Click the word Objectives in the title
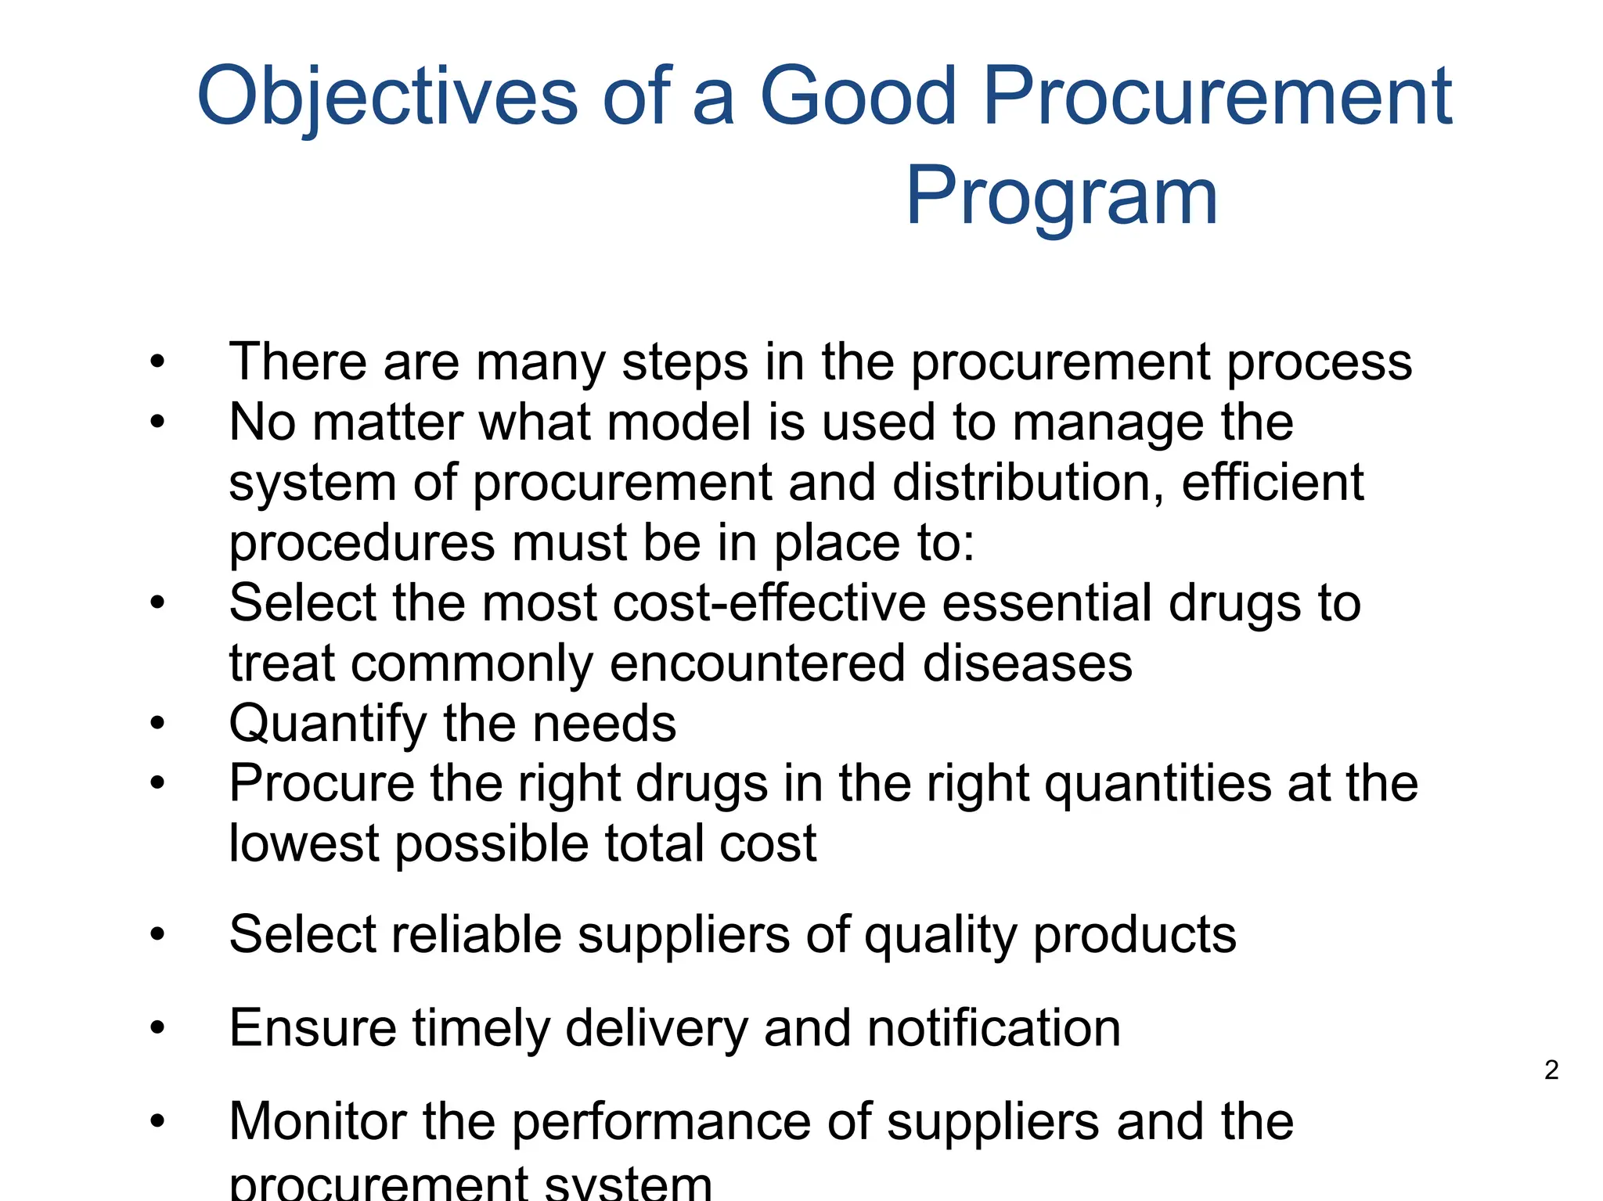coord(387,97)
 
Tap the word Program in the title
coord(1061,196)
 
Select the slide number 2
coord(1551,1070)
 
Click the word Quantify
coord(328,724)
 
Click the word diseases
coord(1027,663)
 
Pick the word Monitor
coord(317,1121)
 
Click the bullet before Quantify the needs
coord(158,724)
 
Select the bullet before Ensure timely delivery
coord(158,1027)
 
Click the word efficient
coord(1273,482)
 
